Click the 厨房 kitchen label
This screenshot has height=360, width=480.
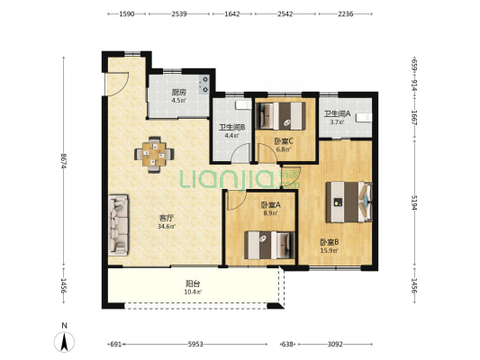(x=179, y=92)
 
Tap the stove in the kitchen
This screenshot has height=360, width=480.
(x=204, y=85)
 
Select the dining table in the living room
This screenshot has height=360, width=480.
(x=154, y=155)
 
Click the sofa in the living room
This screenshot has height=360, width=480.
(x=119, y=225)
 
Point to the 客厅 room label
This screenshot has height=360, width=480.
(x=167, y=218)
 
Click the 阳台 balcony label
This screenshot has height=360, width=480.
(x=193, y=283)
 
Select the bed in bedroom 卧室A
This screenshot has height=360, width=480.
(x=269, y=245)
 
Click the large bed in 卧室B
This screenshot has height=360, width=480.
(x=349, y=202)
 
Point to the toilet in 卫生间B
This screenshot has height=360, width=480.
(x=243, y=105)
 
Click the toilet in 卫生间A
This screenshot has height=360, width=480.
(x=364, y=118)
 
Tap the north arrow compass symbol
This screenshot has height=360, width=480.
(x=64, y=342)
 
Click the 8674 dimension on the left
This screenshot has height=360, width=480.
(x=64, y=160)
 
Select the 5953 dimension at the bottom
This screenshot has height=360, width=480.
(x=195, y=345)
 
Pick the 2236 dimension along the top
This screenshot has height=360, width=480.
(x=346, y=14)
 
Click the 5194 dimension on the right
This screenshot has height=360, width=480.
(x=414, y=202)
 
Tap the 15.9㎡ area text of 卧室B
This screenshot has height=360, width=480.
(x=330, y=251)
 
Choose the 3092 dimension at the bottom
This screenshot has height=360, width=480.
(x=335, y=345)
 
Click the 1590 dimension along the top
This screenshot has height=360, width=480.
(x=127, y=14)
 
